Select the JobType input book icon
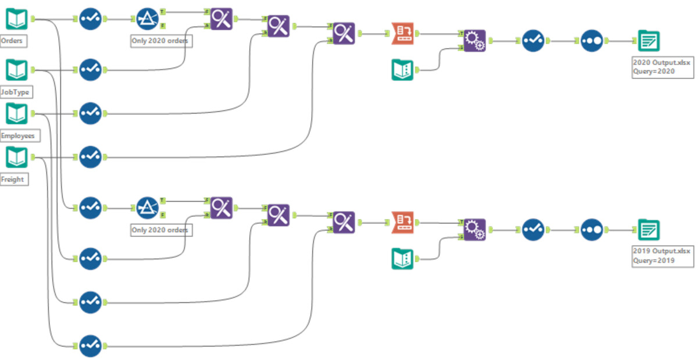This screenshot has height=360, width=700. [17, 70]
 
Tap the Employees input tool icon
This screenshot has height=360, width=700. [17, 113]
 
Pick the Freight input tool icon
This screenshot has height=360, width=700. [17, 157]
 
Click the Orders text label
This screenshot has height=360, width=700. [12, 41]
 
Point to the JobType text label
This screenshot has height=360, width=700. [15, 92]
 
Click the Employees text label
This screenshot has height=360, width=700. [18, 136]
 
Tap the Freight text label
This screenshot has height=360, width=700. [13, 179]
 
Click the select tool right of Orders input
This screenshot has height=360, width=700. [90, 19]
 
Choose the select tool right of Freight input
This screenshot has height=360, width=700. [90, 157]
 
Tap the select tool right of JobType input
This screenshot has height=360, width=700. [90, 70]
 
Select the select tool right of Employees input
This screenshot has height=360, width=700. [90, 113]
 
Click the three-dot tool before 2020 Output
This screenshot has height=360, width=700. [591, 41]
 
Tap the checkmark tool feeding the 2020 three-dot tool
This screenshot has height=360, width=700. [533, 41]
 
